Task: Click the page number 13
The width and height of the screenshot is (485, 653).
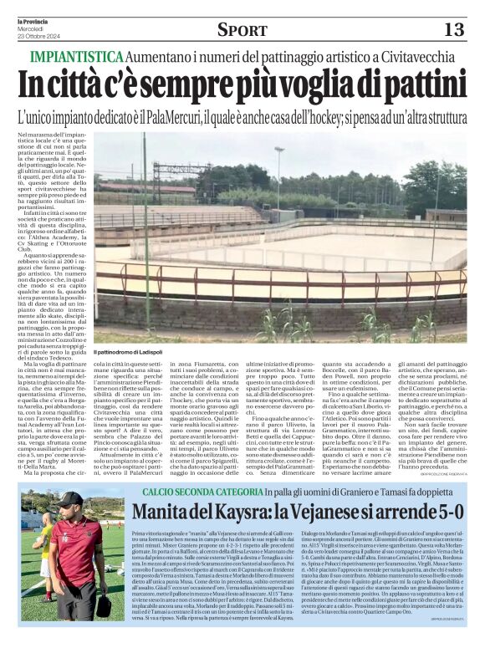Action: point(452,30)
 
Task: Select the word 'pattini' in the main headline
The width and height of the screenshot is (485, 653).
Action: point(414,84)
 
